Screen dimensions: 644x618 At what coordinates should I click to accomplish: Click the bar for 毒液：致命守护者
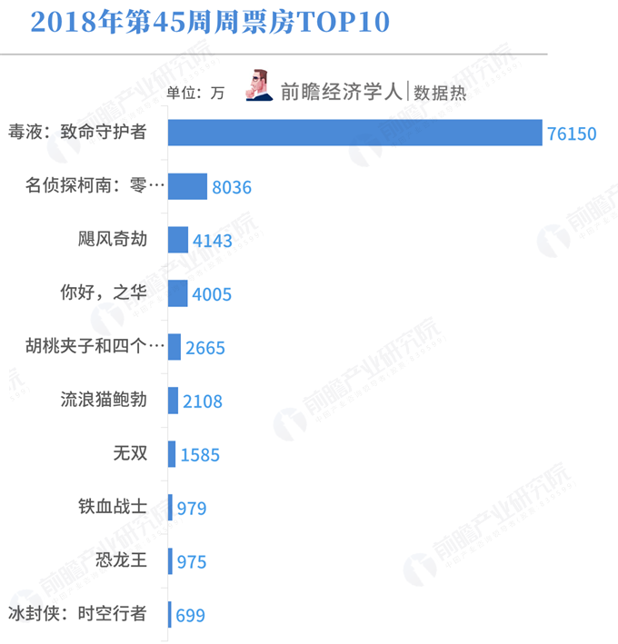click(355, 133)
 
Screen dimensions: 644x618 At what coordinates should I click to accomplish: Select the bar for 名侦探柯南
click(188, 186)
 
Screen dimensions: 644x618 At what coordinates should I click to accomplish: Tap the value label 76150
click(572, 134)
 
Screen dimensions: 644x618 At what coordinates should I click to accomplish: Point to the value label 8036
click(231, 188)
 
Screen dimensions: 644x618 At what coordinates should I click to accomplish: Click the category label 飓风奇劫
click(112, 239)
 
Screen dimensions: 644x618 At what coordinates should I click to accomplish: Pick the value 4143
click(213, 242)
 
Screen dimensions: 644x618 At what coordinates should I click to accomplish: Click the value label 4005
click(213, 294)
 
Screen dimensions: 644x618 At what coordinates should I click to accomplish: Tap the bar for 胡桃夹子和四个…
click(174, 346)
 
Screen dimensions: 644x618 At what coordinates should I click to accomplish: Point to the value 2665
click(204, 348)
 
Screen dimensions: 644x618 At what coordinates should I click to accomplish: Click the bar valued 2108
click(173, 400)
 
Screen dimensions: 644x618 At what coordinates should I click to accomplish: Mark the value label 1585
click(200, 454)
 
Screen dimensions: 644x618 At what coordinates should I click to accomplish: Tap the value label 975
click(191, 561)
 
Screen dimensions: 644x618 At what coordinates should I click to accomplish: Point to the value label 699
click(190, 615)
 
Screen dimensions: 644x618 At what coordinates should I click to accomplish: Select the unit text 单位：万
click(194, 92)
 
